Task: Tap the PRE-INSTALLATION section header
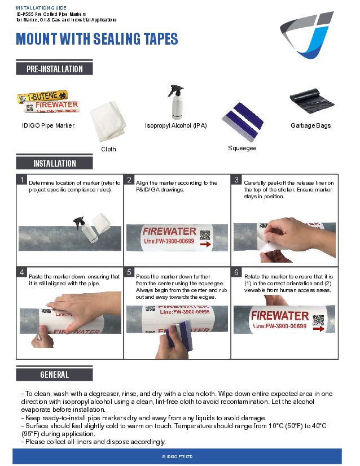point(54,69)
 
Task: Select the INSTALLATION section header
point(54,163)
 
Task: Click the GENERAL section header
point(54,374)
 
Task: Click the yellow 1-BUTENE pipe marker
point(39,97)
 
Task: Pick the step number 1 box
point(21,180)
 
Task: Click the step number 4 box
point(21,272)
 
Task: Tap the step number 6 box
point(237,272)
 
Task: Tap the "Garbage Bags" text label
point(310,125)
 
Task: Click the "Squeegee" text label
point(242,148)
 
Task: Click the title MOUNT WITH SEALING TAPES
point(97,39)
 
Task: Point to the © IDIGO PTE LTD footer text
point(177,456)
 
